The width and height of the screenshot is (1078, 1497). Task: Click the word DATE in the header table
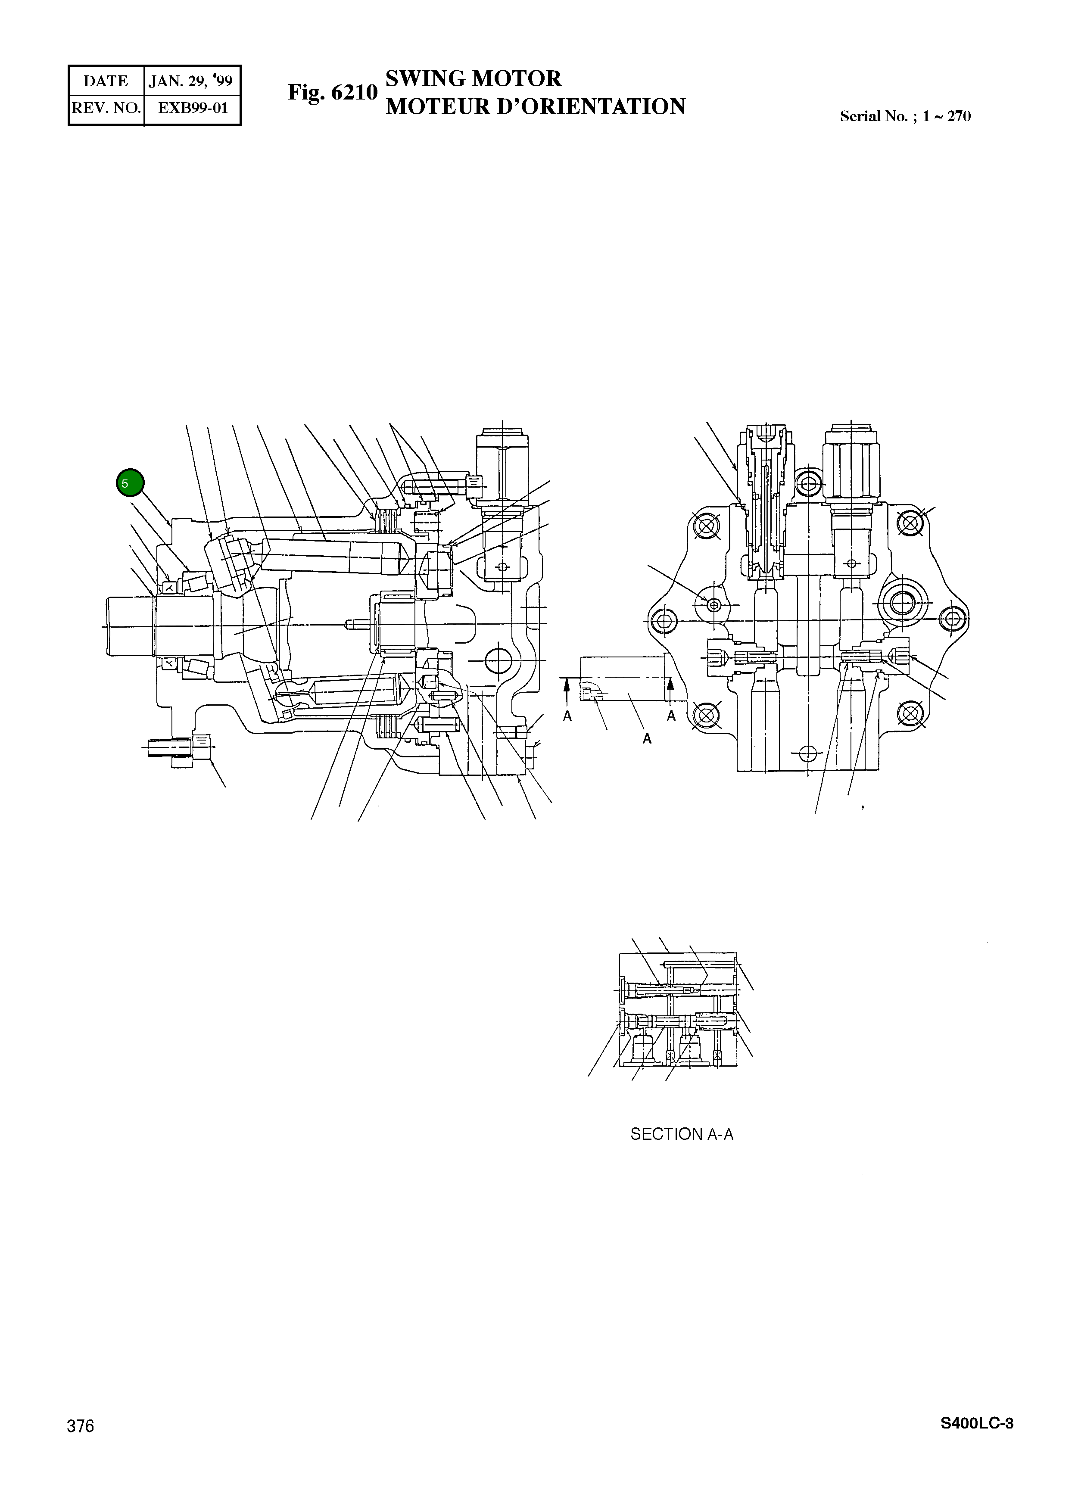coord(106,81)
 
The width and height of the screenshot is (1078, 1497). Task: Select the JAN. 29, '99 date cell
coord(191,81)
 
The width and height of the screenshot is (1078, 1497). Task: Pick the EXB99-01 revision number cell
coord(193,108)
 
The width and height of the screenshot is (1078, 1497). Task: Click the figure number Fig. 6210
coord(332,93)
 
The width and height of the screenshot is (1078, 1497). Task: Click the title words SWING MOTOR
coord(473,78)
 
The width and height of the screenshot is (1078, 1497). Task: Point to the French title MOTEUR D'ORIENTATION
coord(536,106)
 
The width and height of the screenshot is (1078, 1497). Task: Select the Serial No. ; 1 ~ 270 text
coord(905,116)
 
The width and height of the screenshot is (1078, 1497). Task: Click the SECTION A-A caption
coord(681,1134)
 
